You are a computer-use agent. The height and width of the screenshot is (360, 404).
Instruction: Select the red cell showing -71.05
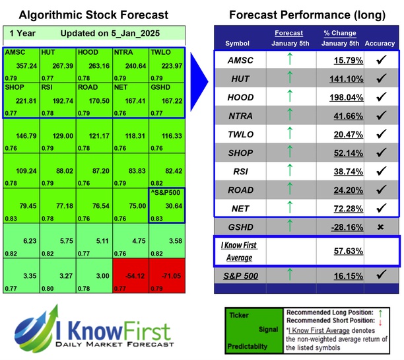click(167, 277)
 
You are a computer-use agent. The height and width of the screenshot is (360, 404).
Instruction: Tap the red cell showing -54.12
click(131, 277)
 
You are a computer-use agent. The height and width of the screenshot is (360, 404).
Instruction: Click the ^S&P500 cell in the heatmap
click(167, 206)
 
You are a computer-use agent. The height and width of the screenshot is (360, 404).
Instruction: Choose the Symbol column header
click(238, 44)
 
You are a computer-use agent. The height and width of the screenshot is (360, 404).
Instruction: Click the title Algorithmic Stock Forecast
click(92, 15)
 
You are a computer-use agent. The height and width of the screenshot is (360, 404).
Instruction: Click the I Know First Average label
click(238, 251)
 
